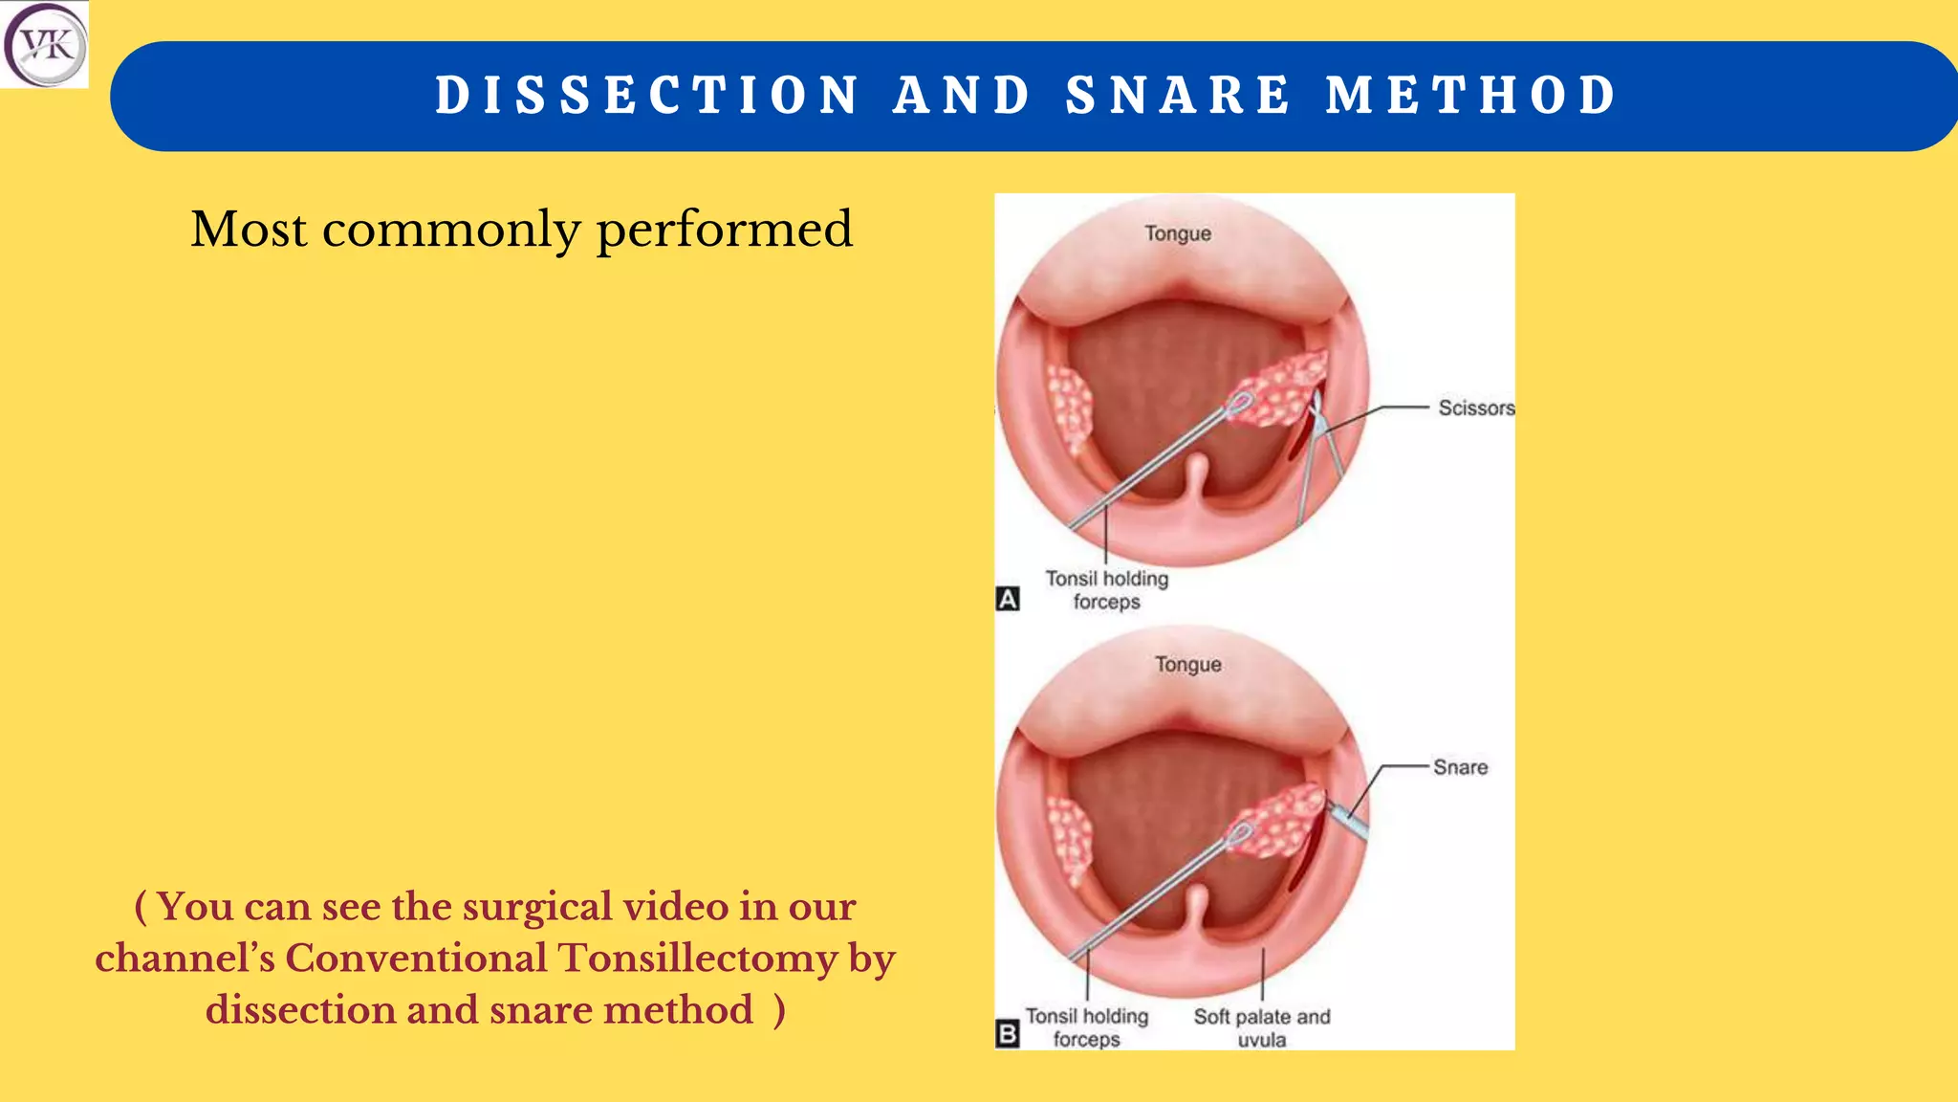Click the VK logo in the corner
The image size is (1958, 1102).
(x=44, y=44)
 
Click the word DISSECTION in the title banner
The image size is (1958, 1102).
(x=648, y=96)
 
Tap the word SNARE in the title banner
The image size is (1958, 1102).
(x=1178, y=96)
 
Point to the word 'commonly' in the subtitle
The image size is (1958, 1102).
(x=451, y=231)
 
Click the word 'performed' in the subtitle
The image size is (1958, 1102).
(x=724, y=231)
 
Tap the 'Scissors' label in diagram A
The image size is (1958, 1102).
(x=1476, y=408)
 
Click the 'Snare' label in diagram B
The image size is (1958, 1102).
(x=1460, y=767)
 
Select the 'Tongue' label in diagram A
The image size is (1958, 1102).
(x=1178, y=234)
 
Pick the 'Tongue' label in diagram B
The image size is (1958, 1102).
(x=1187, y=665)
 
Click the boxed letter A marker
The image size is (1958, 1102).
(x=1008, y=599)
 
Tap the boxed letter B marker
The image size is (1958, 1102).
(x=1008, y=1034)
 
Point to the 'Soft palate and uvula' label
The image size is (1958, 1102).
(x=1261, y=1027)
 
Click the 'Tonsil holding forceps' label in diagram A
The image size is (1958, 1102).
(x=1106, y=590)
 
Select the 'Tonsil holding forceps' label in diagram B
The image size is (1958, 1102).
(x=1087, y=1027)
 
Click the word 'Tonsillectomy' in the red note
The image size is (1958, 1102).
(x=697, y=959)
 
